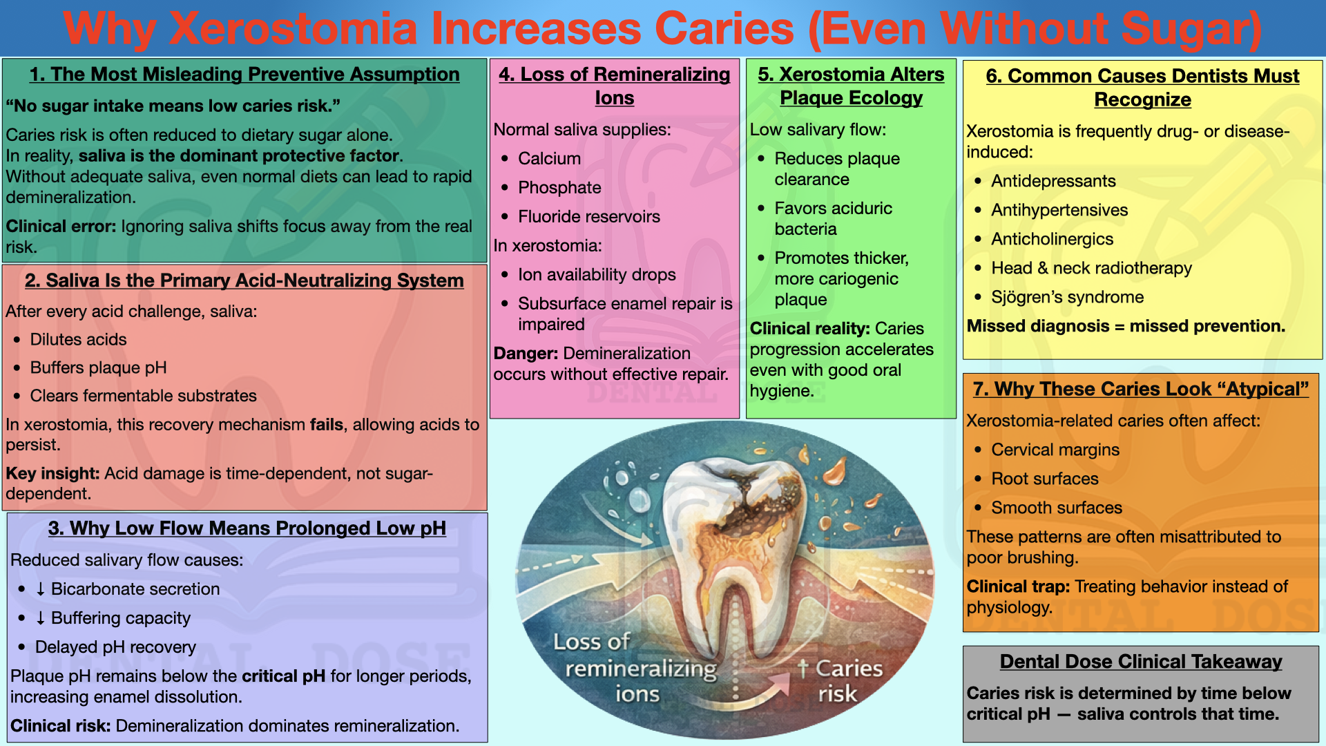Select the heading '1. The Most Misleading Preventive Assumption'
tap(244, 75)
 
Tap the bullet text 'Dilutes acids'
tap(78, 339)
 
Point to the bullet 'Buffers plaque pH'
tap(98, 367)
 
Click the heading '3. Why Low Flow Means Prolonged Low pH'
tap(247, 528)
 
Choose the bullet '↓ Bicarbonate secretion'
tap(128, 589)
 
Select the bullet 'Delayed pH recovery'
tap(115, 647)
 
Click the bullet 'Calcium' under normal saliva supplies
tap(549, 158)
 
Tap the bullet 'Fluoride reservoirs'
tap(589, 216)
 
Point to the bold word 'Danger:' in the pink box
tap(526, 353)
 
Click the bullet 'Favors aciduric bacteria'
tap(833, 218)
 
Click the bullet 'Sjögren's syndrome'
tap(1067, 297)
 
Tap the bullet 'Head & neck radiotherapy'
tap(1091, 268)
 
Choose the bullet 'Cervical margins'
tap(1055, 450)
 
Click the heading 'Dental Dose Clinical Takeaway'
tap(1141, 662)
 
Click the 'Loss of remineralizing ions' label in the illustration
tap(635, 667)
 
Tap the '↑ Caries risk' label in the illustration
tap(839, 680)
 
